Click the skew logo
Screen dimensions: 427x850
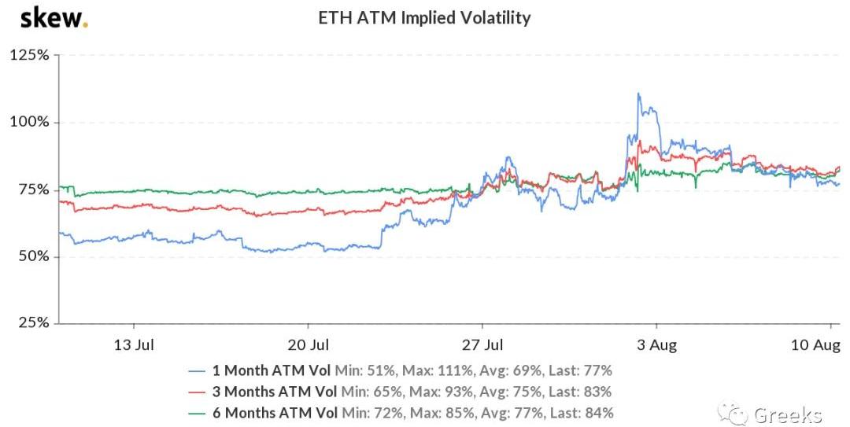click(53, 17)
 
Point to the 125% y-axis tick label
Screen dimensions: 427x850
click(29, 55)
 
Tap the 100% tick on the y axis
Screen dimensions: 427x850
click(29, 122)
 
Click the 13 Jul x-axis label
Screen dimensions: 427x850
click(135, 344)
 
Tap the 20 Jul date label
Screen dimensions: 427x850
click(309, 344)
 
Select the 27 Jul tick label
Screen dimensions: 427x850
click(482, 344)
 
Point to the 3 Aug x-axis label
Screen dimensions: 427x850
click(657, 344)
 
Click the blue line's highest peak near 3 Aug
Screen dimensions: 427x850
click(638, 94)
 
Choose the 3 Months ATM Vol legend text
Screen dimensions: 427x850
click(271, 391)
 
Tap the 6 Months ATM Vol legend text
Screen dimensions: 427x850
click(271, 412)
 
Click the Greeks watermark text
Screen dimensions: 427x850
click(788, 414)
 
